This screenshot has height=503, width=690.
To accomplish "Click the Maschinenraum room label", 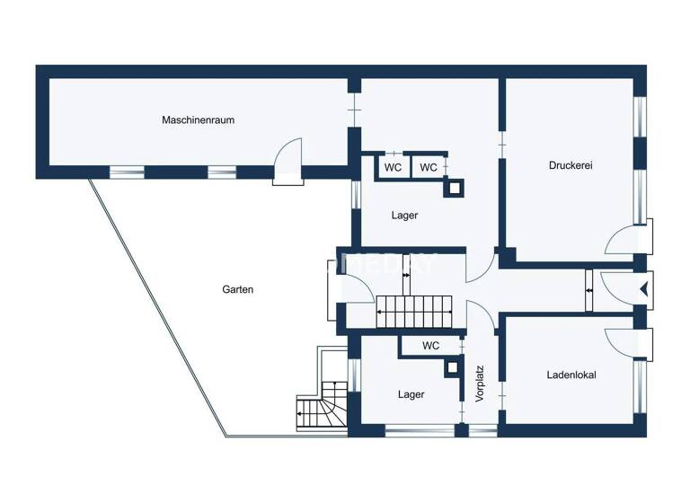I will pyautogui.click(x=198, y=119).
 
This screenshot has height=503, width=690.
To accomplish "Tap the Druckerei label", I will pyautogui.click(x=571, y=165).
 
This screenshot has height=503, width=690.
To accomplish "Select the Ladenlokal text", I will pyautogui.click(x=571, y=375).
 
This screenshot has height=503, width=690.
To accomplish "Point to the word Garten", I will pyautogui.click(x=237, y=290).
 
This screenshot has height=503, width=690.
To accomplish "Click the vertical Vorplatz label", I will pyautogui.click(x=481, y=382).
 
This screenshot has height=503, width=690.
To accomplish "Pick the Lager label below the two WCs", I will pyautogui.click(x=404, y=216).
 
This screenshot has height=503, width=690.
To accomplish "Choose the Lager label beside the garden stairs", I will pyautogui.click(x=411, y=394).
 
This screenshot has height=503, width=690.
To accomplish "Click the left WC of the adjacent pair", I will pyautogui.click(x=393, y=168).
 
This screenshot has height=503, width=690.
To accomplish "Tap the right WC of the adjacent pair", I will pyautogui.click(x=429, y=168).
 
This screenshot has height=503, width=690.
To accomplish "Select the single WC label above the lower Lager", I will pyautogui.click(x=430, y=346).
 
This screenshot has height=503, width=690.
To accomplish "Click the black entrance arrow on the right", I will pyautogui.click(x=642, y=289).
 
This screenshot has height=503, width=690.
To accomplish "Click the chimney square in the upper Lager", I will pyautogui.click(x=455, y=187).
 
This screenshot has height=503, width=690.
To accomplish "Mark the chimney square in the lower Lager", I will pyautogui.click(x=451, y=368).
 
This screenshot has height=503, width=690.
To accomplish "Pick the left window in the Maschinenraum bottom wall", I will pyautogui.click(x=127, y=171).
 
